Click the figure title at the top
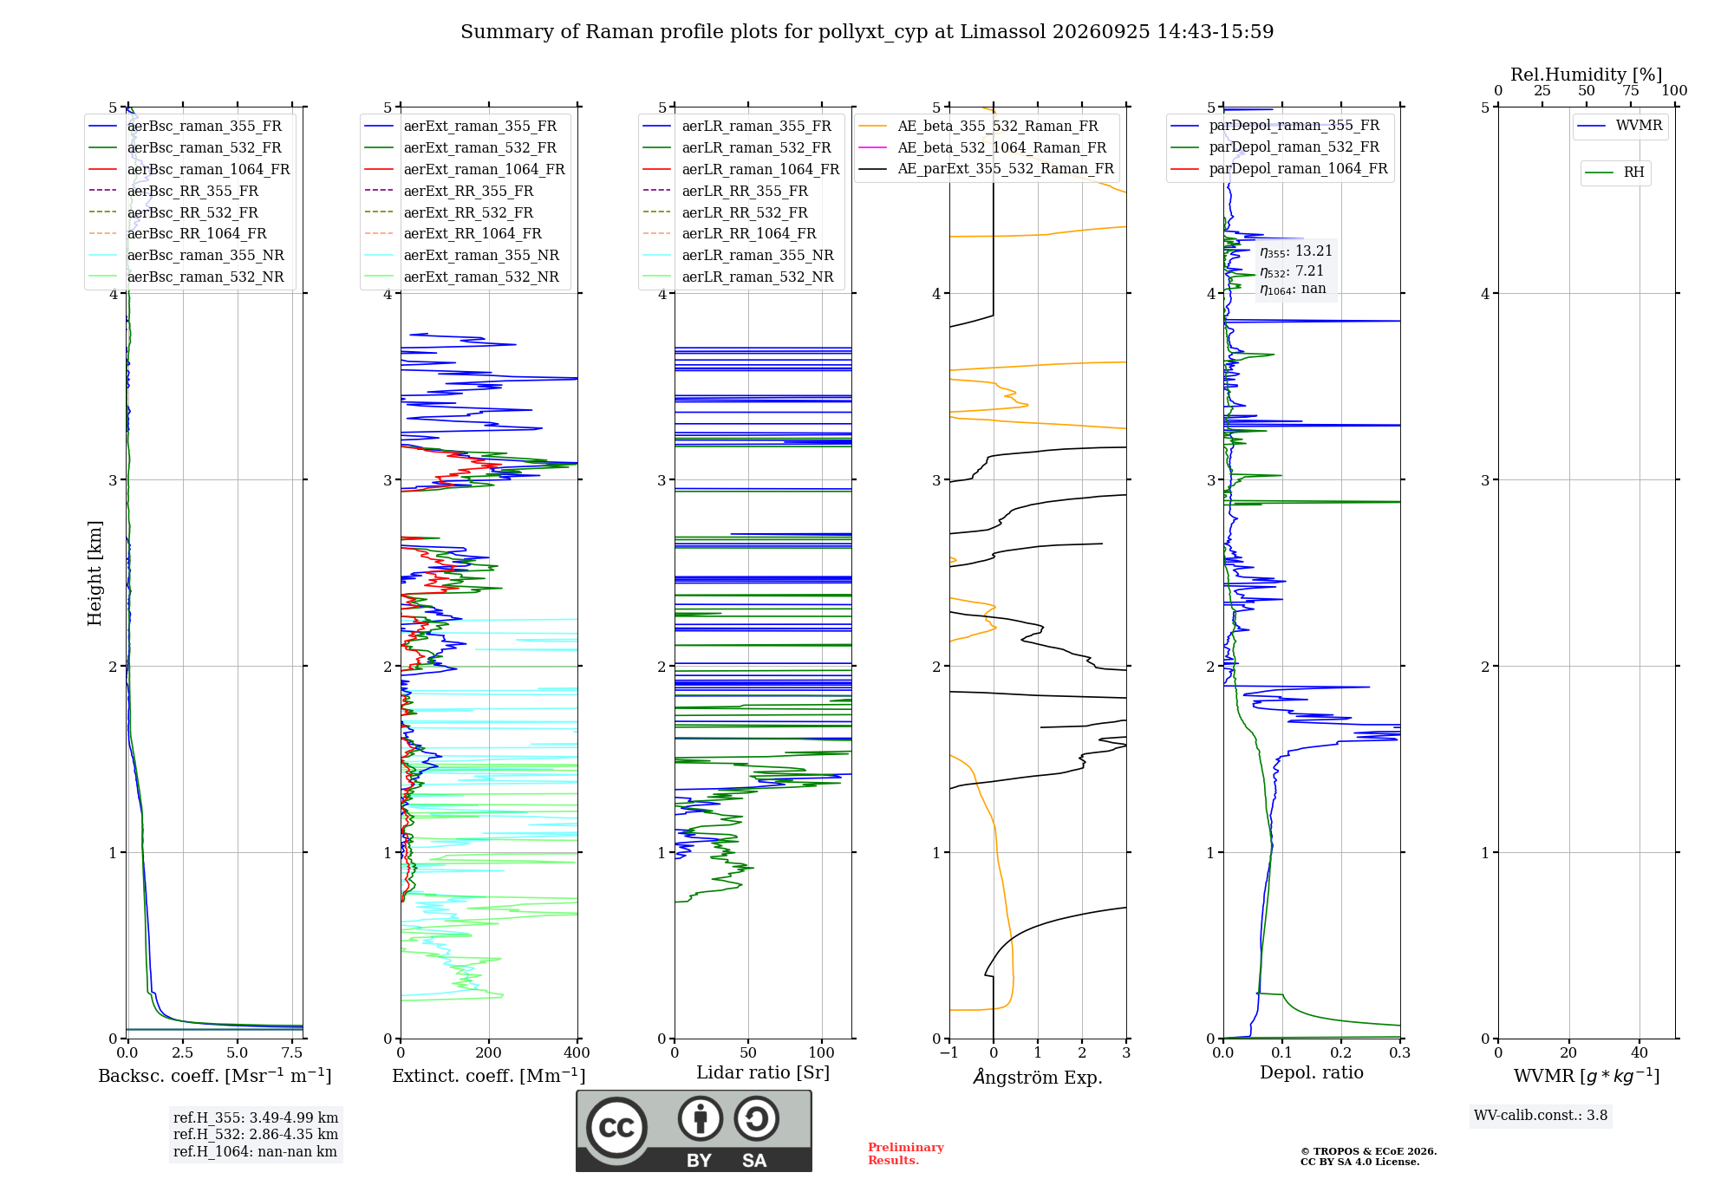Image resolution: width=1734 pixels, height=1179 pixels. click(x=867, y=32)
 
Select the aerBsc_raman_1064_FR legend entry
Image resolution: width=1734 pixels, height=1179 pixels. click(x=189, y=169)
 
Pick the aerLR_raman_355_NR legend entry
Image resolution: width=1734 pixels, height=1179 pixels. click(x=738, y=255)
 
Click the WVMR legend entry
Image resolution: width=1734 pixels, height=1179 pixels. click(x=1620, y=126)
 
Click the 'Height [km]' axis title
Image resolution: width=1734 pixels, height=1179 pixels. click(x=95, y=573)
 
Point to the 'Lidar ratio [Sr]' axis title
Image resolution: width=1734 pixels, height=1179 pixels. click(x=763, y=1072)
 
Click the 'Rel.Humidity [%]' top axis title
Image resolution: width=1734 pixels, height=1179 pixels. click(x=1587, y=75)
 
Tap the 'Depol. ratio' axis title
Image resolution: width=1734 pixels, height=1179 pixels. click(x=1312, y=1072)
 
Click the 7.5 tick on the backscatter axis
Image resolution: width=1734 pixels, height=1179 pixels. click(x=292, y=1053)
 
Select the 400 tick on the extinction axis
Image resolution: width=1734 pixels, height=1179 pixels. click(x=577, y=1053)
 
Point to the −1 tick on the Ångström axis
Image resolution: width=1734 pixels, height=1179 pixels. click(x=948, y=1053)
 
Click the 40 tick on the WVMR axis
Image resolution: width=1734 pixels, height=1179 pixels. click(x=1639, y=1053)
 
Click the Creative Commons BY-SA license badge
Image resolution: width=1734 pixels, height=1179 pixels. click(x=694, y=1130)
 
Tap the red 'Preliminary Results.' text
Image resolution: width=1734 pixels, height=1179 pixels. click(x=906, y=1154)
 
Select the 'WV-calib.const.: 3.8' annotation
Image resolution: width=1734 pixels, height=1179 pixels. click(x=1541, y=1116)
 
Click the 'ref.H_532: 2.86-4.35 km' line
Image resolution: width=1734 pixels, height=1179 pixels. click(x=256, y=1135)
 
